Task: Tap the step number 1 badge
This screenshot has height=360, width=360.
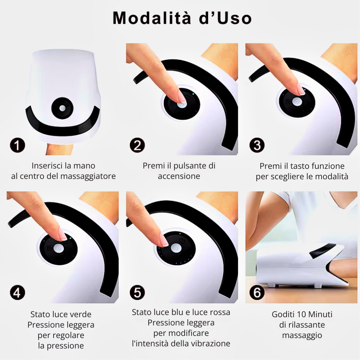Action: (x=17, y=146)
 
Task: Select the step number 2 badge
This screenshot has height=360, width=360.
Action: (x=137, y=146)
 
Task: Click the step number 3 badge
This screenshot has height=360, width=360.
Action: (x=257, y=146)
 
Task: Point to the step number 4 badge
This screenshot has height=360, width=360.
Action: (x=17, y=293)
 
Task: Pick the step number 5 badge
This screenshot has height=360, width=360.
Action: (x=137, y=293)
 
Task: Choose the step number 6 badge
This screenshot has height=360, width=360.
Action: (x=257, y=293)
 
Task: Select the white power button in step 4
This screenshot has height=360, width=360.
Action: (x=57, y=248)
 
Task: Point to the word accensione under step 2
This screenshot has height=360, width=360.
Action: (x=179, y=176)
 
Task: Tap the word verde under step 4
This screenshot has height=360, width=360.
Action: (x=81, y=314)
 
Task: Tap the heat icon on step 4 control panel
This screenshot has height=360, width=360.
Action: (x=48, y=248)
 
